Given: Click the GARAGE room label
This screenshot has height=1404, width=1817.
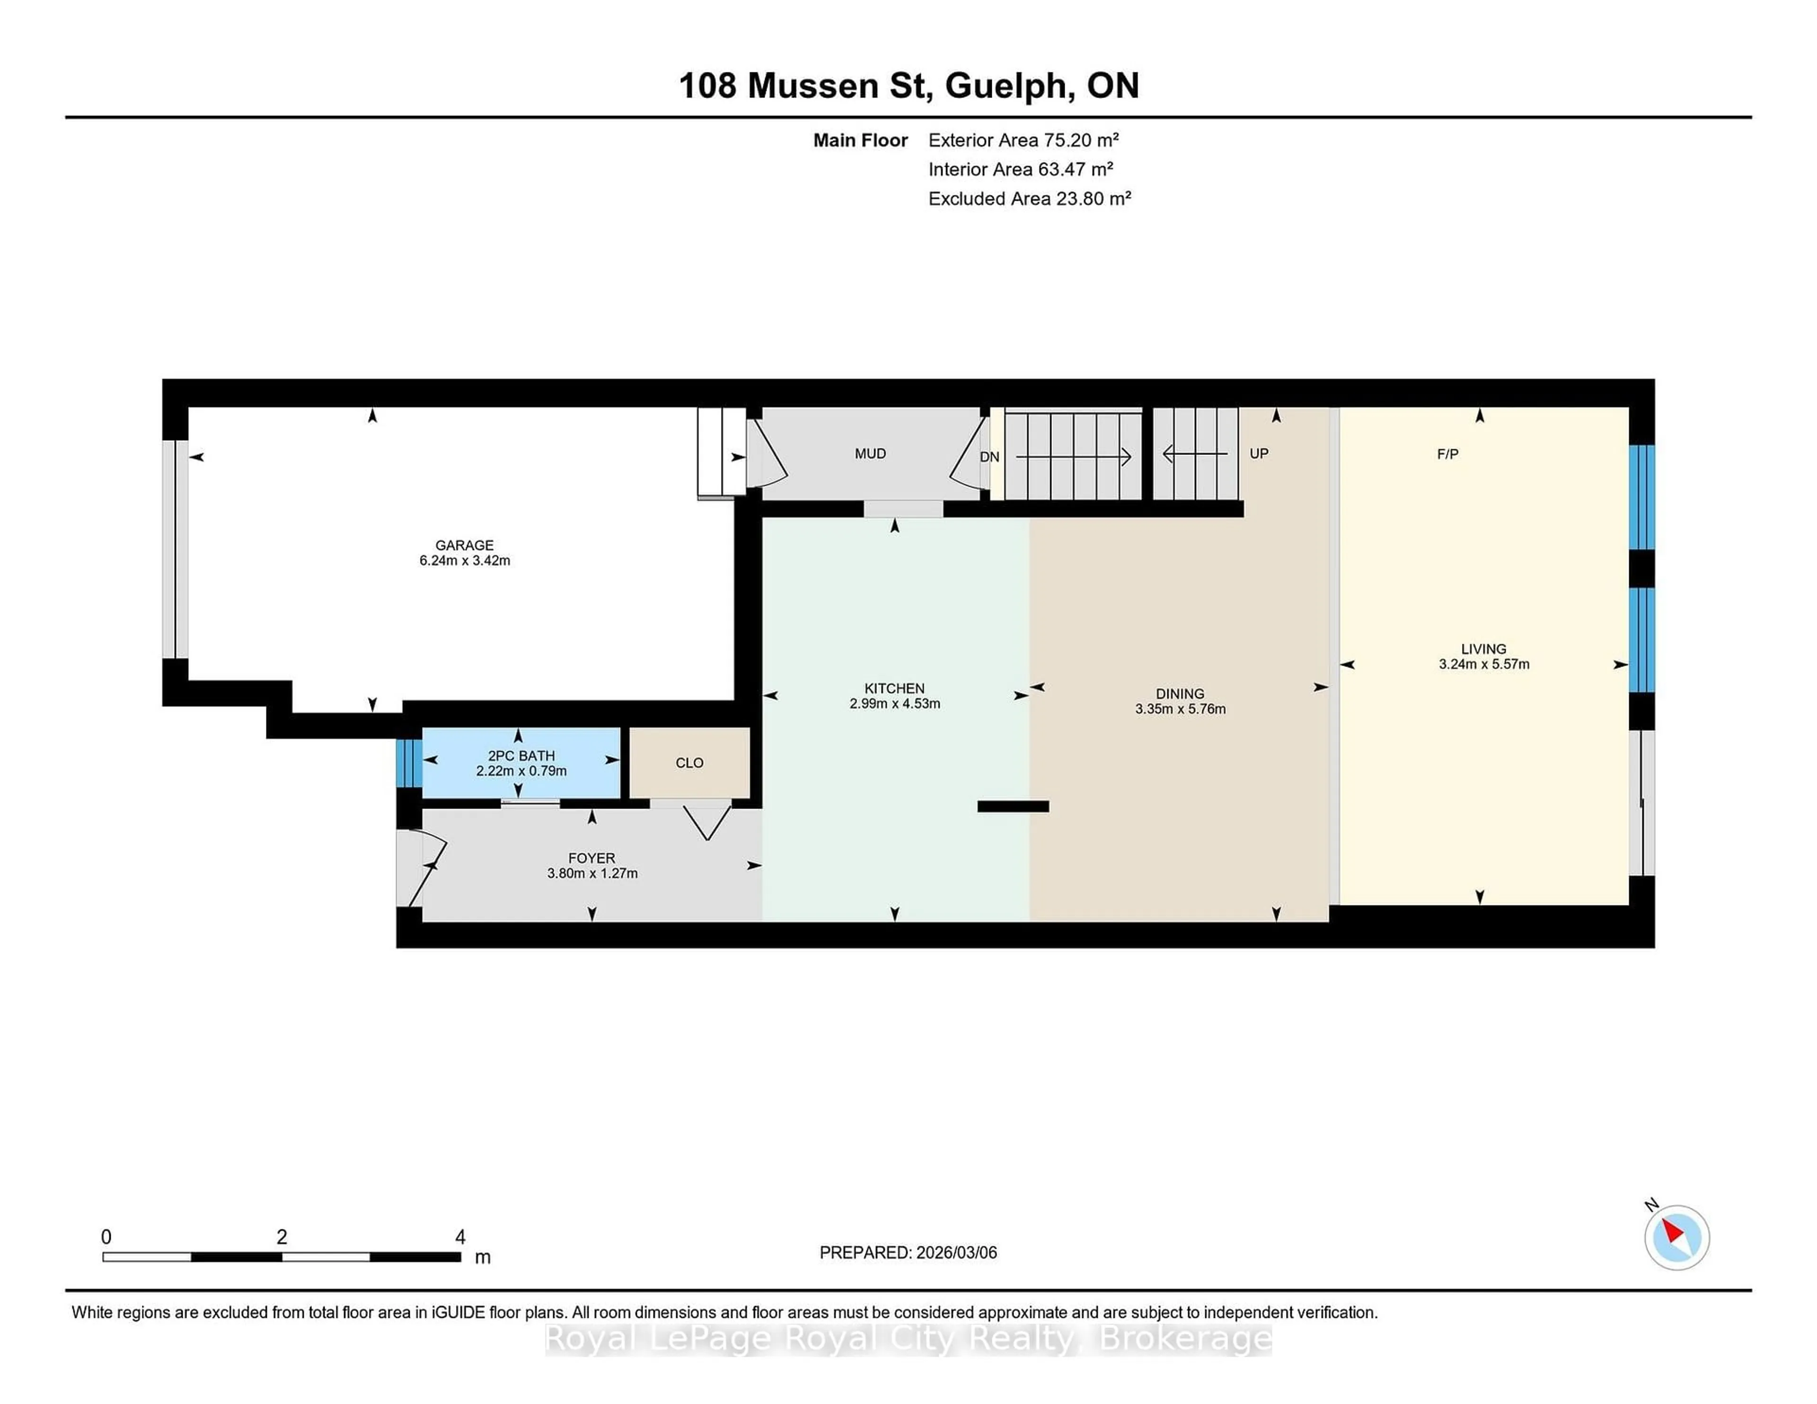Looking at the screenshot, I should coord(464,545).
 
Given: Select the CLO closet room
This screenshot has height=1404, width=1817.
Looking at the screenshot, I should coord(689,762).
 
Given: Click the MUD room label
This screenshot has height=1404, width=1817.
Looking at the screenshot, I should coord(870,453).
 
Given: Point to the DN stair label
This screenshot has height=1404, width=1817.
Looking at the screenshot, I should coord(989,457).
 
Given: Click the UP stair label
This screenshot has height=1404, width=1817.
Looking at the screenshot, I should coord(1259,453).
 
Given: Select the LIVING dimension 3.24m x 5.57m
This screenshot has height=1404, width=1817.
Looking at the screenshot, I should coord(1483,664).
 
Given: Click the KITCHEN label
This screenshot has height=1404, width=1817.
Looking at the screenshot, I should coord(894,688).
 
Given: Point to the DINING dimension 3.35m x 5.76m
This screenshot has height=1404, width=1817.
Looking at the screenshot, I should coord(1180,709).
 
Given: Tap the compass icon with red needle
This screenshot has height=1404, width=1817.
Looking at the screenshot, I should coord(1676,1237).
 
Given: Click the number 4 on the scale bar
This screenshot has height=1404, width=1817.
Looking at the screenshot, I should coord(460,1237).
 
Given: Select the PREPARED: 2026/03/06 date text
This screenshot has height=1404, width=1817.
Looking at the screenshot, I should coord(908,1253).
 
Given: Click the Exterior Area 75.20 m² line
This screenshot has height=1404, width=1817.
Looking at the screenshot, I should coord(1023,140).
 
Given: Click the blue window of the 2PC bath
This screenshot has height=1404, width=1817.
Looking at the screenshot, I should coord(408,762).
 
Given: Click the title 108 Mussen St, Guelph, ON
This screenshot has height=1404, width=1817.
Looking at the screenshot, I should coord(908,86).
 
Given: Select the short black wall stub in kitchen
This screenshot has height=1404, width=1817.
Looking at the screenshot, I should coord(1013,806).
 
